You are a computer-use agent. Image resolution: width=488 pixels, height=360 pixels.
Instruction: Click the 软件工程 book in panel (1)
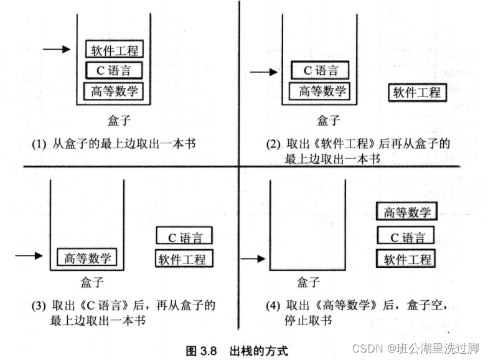pos(115,49)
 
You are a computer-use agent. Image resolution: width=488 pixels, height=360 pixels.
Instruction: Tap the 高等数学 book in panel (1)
pos(114,91)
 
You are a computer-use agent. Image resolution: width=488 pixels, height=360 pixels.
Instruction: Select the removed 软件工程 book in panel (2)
pos(416,93)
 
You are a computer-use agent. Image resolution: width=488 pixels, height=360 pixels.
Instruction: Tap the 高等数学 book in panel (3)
pos(87,258)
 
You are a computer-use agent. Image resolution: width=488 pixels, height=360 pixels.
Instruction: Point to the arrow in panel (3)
pos(29,255)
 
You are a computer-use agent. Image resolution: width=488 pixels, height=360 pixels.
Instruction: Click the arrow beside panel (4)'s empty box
pos(253,258)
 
